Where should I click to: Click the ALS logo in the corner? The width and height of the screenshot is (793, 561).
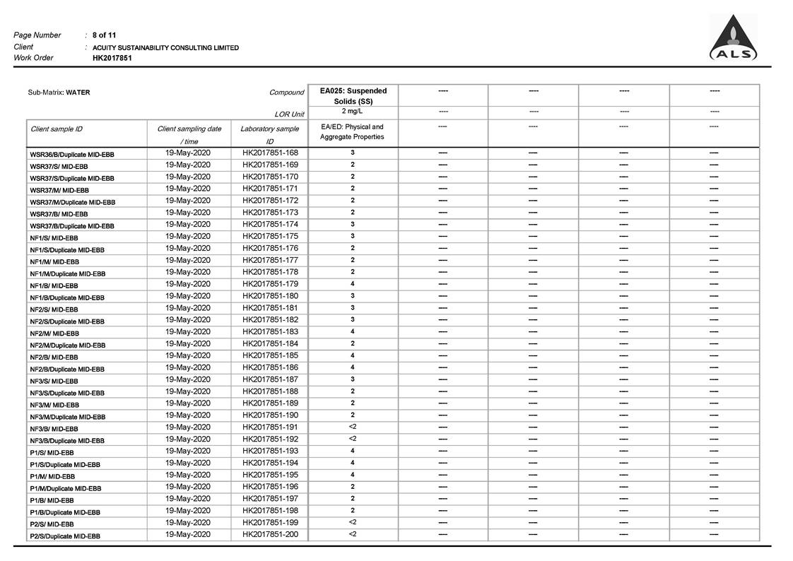[734, 39]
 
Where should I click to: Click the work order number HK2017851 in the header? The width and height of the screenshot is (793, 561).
[112, 58]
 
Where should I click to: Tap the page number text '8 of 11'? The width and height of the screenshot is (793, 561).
[104, 35]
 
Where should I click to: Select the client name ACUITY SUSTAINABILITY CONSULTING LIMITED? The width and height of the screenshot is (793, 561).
[165, 47]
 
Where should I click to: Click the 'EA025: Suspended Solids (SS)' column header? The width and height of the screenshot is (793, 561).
[353, 96]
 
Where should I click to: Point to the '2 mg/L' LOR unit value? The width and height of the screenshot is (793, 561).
[353, 112]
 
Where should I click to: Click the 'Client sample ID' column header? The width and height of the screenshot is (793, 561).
[57, 129]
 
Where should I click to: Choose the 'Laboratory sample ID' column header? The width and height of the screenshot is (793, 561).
[269, 135]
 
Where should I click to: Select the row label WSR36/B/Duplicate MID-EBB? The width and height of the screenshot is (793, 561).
[72, 154]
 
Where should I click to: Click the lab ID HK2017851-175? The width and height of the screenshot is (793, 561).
[270, 237]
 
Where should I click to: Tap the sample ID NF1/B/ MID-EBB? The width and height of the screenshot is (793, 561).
[54, 285]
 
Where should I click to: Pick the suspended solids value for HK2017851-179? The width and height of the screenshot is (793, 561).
[353, 284]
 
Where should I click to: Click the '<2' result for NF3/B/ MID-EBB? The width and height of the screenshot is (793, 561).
[353, 427]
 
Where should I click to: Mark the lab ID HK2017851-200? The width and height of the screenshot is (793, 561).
[270, 534]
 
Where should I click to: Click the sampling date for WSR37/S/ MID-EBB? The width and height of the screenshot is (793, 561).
[188, 165]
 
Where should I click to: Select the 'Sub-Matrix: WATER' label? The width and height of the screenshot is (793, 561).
[59, 93]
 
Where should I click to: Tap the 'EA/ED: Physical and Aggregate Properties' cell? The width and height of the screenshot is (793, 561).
[352, 132]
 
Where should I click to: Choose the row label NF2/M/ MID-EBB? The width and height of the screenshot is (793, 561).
[54, 333]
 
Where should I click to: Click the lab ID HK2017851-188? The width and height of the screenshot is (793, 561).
[270, 391]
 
